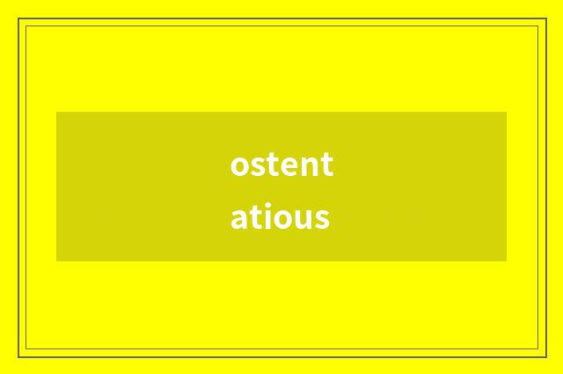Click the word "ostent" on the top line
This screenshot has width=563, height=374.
coord(281,165)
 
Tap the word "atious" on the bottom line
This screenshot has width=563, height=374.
coord(280,216)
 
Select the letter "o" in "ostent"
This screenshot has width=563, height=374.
coord(240,166)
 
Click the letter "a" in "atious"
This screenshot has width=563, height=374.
coord(239,218)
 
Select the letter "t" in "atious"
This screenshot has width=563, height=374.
coord(254,216)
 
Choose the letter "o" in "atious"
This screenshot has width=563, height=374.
coord(281,218)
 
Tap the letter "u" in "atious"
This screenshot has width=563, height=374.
coord(302,218)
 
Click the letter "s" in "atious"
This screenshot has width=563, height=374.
coord(321,218)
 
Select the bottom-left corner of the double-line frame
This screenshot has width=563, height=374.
coord(19,356)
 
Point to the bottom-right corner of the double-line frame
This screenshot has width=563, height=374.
coord(545,356)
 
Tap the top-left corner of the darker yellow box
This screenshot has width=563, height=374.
coord(56,112)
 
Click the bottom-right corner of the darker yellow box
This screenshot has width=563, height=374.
coord(507,261)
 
